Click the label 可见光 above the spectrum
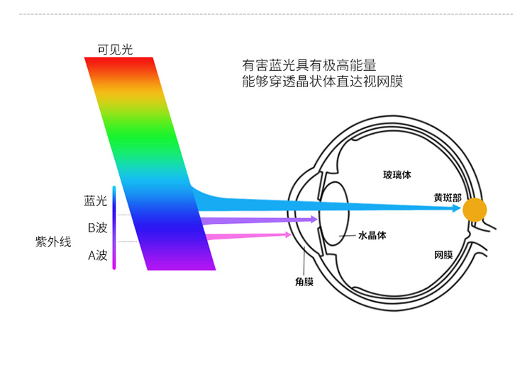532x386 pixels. tap(115, 49)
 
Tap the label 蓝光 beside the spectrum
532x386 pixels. tap(95, 201)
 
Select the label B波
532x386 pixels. tap(97, 227)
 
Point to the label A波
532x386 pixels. tap(97, 255)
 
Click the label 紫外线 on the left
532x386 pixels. tap(53, 242)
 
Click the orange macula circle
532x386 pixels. tap(475, 210)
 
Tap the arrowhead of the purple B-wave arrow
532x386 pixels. tap(313, 220)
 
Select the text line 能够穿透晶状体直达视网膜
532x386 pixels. tap(322, 81)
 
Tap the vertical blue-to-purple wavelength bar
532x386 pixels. tap(114, 227)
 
